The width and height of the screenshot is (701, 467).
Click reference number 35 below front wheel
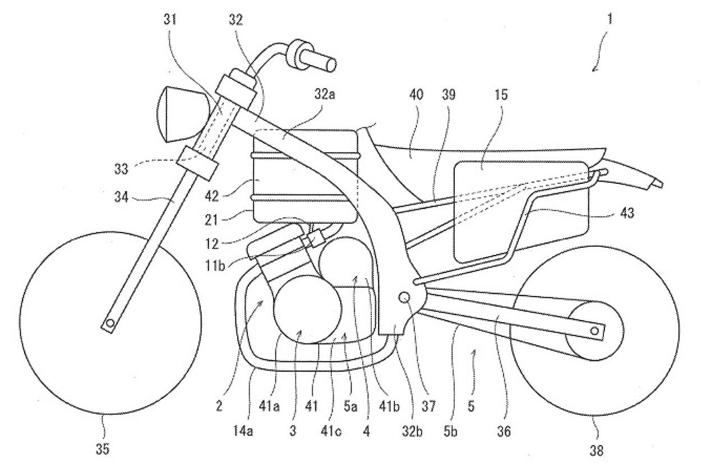(x=103, y=448)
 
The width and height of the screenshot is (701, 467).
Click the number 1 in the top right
(x=610, y=20)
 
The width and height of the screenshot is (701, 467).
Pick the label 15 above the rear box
(x=500, y=95)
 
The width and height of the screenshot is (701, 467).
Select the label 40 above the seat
(x=416, y=95)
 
